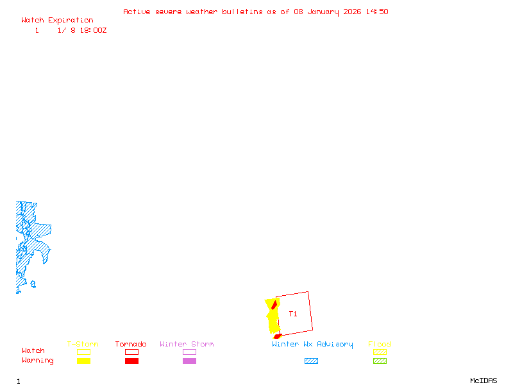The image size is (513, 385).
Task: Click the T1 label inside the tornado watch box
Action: pos(293,314)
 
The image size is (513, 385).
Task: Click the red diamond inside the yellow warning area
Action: pos(274,304)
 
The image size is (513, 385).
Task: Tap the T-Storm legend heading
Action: pos(83,344)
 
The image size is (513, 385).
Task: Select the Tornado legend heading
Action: pos(131,344)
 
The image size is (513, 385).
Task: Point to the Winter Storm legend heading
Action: pos(187,344)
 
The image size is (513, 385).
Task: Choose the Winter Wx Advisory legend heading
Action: pos(312,344)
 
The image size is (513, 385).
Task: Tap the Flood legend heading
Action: pos(380,344)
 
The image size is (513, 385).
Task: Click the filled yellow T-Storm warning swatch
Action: pos(83,361)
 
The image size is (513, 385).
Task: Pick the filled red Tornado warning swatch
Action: pos(131,361)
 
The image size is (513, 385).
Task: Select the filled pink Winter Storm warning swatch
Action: pos(189,361)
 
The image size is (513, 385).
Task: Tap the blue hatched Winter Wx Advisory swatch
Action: pos(311,361)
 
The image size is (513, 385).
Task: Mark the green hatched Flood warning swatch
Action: pos(380,361)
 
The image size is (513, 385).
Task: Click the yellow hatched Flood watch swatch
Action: pos(380,352)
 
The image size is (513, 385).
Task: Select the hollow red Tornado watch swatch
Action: pos(131,352)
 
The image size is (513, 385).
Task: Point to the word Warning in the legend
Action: pos(38,361)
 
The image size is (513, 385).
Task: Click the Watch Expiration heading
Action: pos(57,20)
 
